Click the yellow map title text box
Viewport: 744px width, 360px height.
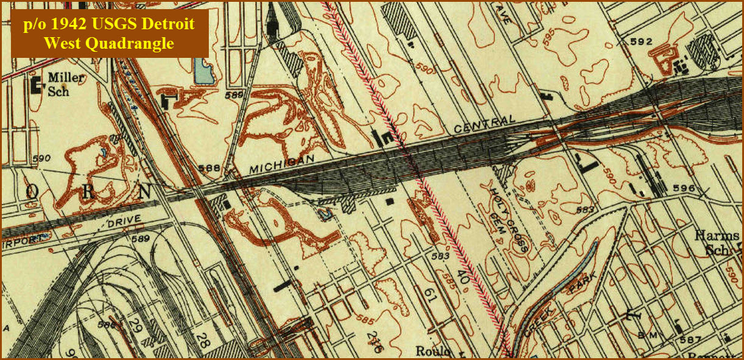click(x=110, y=34)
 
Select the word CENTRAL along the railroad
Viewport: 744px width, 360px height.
click(x=485, y=124)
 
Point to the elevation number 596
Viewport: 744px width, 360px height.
click(x=684, y=188)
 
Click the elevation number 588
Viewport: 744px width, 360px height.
click(x=209, y=168)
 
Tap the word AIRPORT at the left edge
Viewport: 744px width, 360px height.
click(x=22, y=239)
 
